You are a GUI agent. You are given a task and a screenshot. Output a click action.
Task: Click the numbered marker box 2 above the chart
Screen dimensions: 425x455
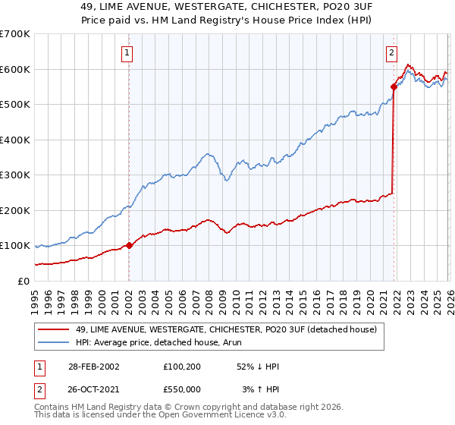click(x=391, y=53)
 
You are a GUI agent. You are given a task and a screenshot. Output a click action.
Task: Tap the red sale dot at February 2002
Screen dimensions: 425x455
click(x=129, y=245)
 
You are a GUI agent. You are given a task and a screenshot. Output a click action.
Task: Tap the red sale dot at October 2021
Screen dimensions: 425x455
click(x=394, y=87)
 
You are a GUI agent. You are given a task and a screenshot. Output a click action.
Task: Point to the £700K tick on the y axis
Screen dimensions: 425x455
click(x=15, y=34)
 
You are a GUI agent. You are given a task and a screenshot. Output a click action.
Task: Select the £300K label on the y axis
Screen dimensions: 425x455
click(x=15, y=175)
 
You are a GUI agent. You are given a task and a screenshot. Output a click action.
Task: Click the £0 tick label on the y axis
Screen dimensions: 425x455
click(x=23, y=281)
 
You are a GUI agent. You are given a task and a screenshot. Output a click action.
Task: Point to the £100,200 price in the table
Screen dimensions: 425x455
click(x=184, y=367)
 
